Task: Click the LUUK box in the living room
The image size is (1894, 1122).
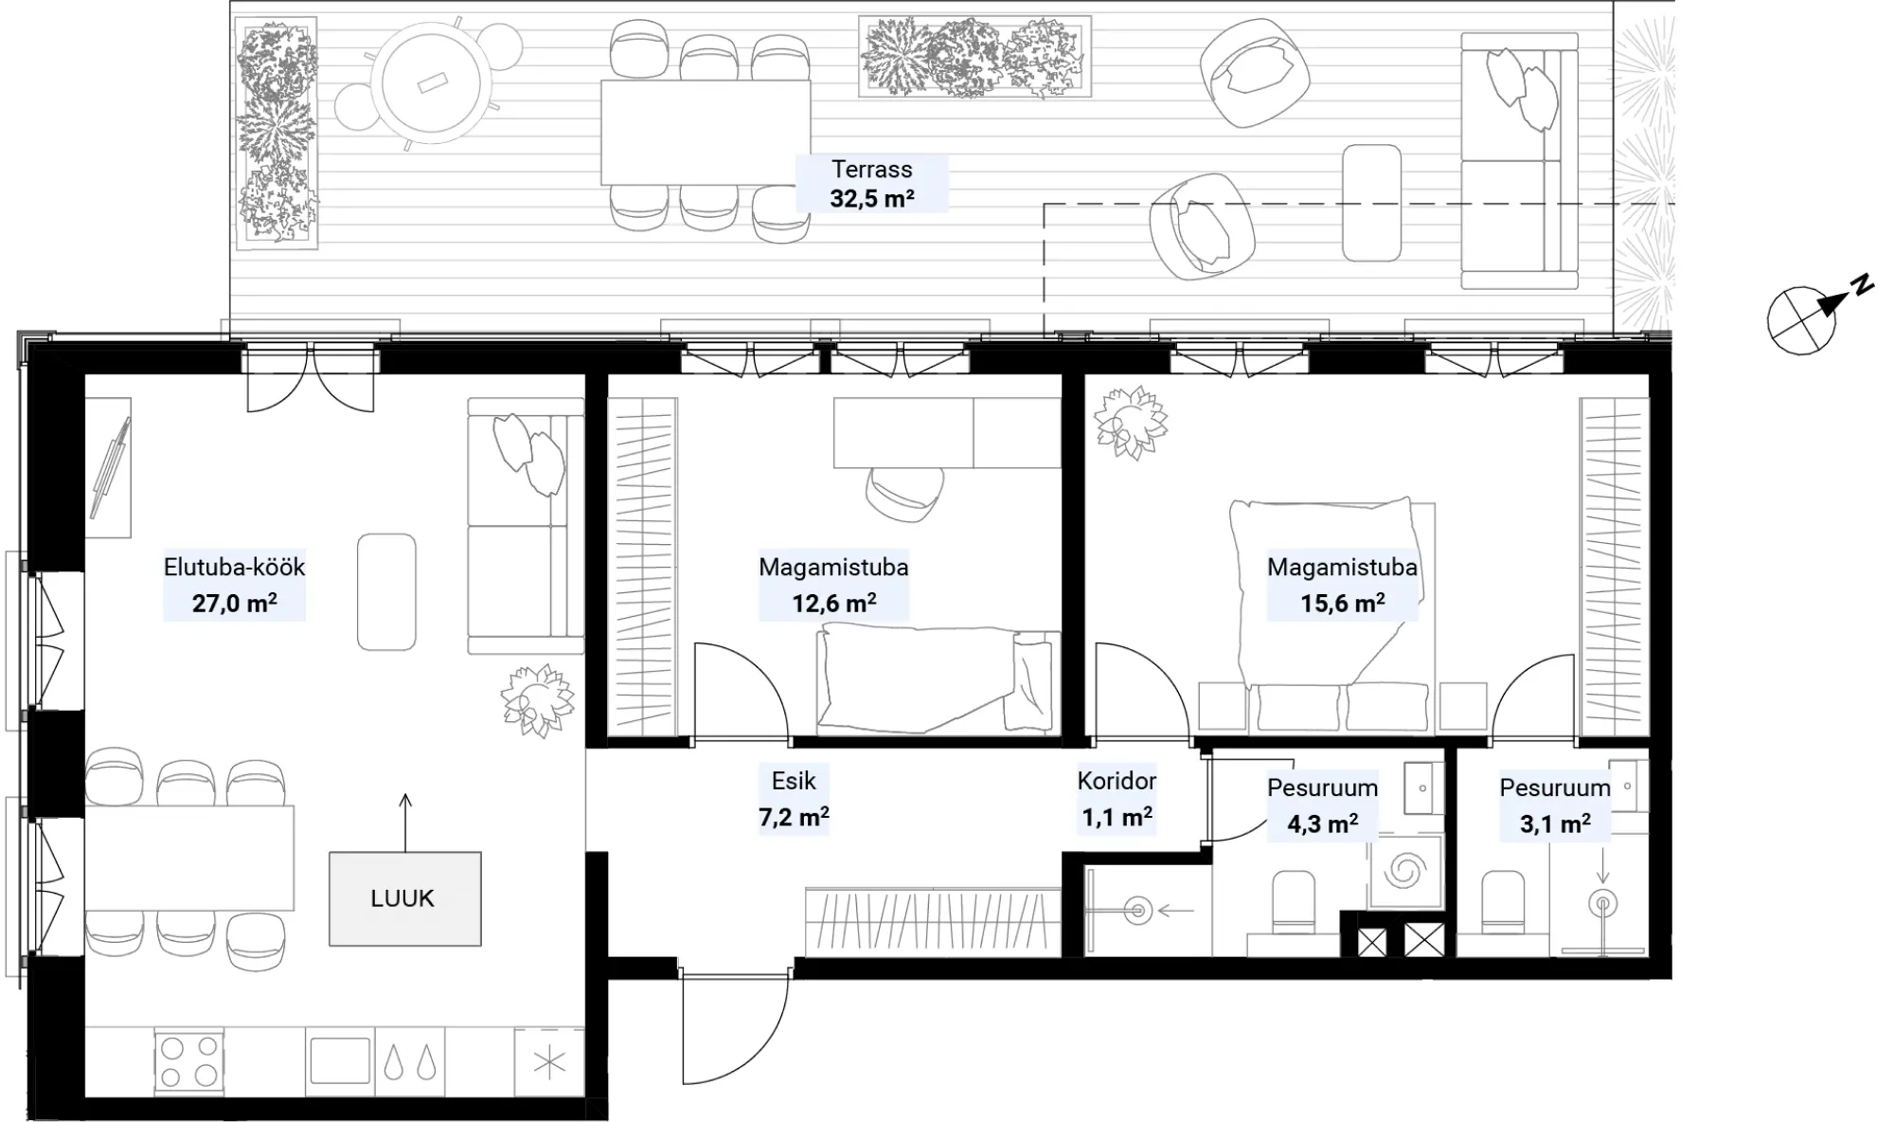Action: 405,898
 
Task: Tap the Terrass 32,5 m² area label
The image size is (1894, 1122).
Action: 872,184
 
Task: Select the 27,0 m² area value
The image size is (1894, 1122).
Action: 235,603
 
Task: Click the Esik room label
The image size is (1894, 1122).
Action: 794,781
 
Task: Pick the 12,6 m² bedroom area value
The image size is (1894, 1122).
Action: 834,603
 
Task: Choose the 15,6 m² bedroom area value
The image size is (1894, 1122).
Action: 1343,603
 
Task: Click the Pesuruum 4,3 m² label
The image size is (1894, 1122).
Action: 1322,805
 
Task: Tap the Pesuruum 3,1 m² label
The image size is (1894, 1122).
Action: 1555,805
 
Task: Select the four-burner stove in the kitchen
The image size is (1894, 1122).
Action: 188,1060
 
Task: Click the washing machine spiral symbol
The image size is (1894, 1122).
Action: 1404,870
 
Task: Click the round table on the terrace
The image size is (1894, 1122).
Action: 432,81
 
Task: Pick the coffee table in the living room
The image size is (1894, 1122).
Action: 386,592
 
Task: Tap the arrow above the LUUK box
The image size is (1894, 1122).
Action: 405,823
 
